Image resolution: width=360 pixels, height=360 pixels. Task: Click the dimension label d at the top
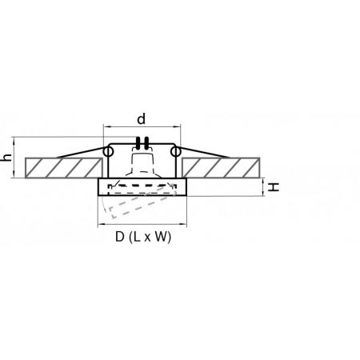(x=142, y=118)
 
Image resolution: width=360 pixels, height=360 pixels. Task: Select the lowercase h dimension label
(x=7, y=158)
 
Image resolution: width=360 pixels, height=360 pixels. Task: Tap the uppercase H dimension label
(x=274, y=187)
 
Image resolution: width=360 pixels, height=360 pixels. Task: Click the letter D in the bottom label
(x=120, y=237)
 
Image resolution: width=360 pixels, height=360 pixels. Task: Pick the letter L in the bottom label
(x=137, y=237)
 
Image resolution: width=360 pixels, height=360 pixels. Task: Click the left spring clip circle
(x=108, y=152)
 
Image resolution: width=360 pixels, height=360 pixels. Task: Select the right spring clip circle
(x=176, y=152)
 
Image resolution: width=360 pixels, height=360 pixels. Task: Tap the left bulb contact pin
(x=138, y=143)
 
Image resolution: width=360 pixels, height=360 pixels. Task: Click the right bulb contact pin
(x=146, y=143)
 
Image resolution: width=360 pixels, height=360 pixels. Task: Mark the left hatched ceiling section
(x=64, y=168)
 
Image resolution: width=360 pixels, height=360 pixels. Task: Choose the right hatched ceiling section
(x=221, y=168)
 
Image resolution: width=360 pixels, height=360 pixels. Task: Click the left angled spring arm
(x=80, y=152)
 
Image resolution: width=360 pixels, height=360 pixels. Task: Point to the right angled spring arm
(x=205, y=152)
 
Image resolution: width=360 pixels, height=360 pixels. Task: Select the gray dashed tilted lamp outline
(x=142, y=202)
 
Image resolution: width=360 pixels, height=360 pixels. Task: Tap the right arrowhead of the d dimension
(x=178, y=126)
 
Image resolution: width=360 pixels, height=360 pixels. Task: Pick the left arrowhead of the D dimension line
(x=101, y=225)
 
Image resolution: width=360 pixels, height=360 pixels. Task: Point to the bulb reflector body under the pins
(x=143, y=163)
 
